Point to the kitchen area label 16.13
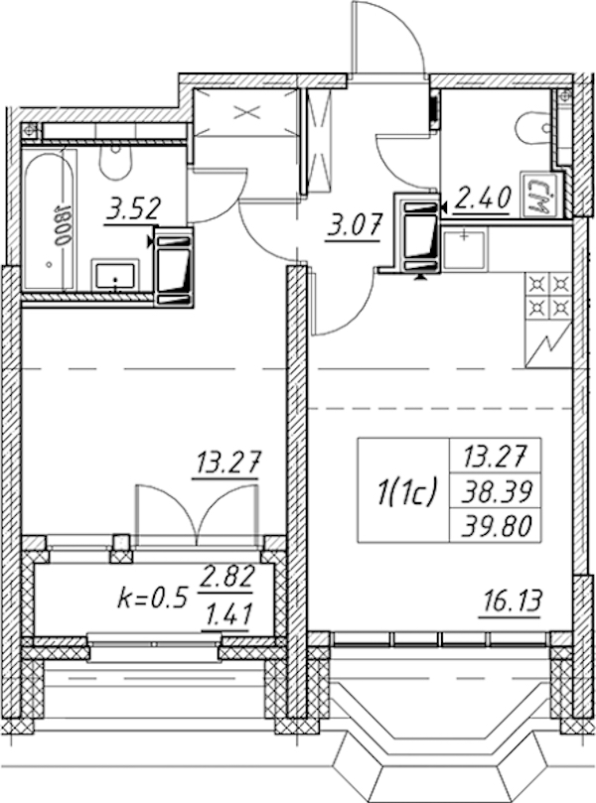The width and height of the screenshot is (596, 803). pyautogui.click(x=510, y=602)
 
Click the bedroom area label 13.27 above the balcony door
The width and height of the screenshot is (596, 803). pyautogui.click(x=226, y=463)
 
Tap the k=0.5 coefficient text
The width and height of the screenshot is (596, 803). pyautogui.click(x=151, y=599)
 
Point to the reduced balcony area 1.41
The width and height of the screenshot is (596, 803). pyautogui.click(x=227, y=614)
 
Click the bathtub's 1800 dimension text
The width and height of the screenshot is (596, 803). pyautogui.click(x=62, y=225)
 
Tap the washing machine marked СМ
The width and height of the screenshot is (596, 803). pyautogui.click(x=537, y=196)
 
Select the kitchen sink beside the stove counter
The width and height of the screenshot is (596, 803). pyautogui.click(x=464, y=249)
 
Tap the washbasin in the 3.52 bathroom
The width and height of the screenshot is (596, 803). pyautogui.click(x=115, y=275)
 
